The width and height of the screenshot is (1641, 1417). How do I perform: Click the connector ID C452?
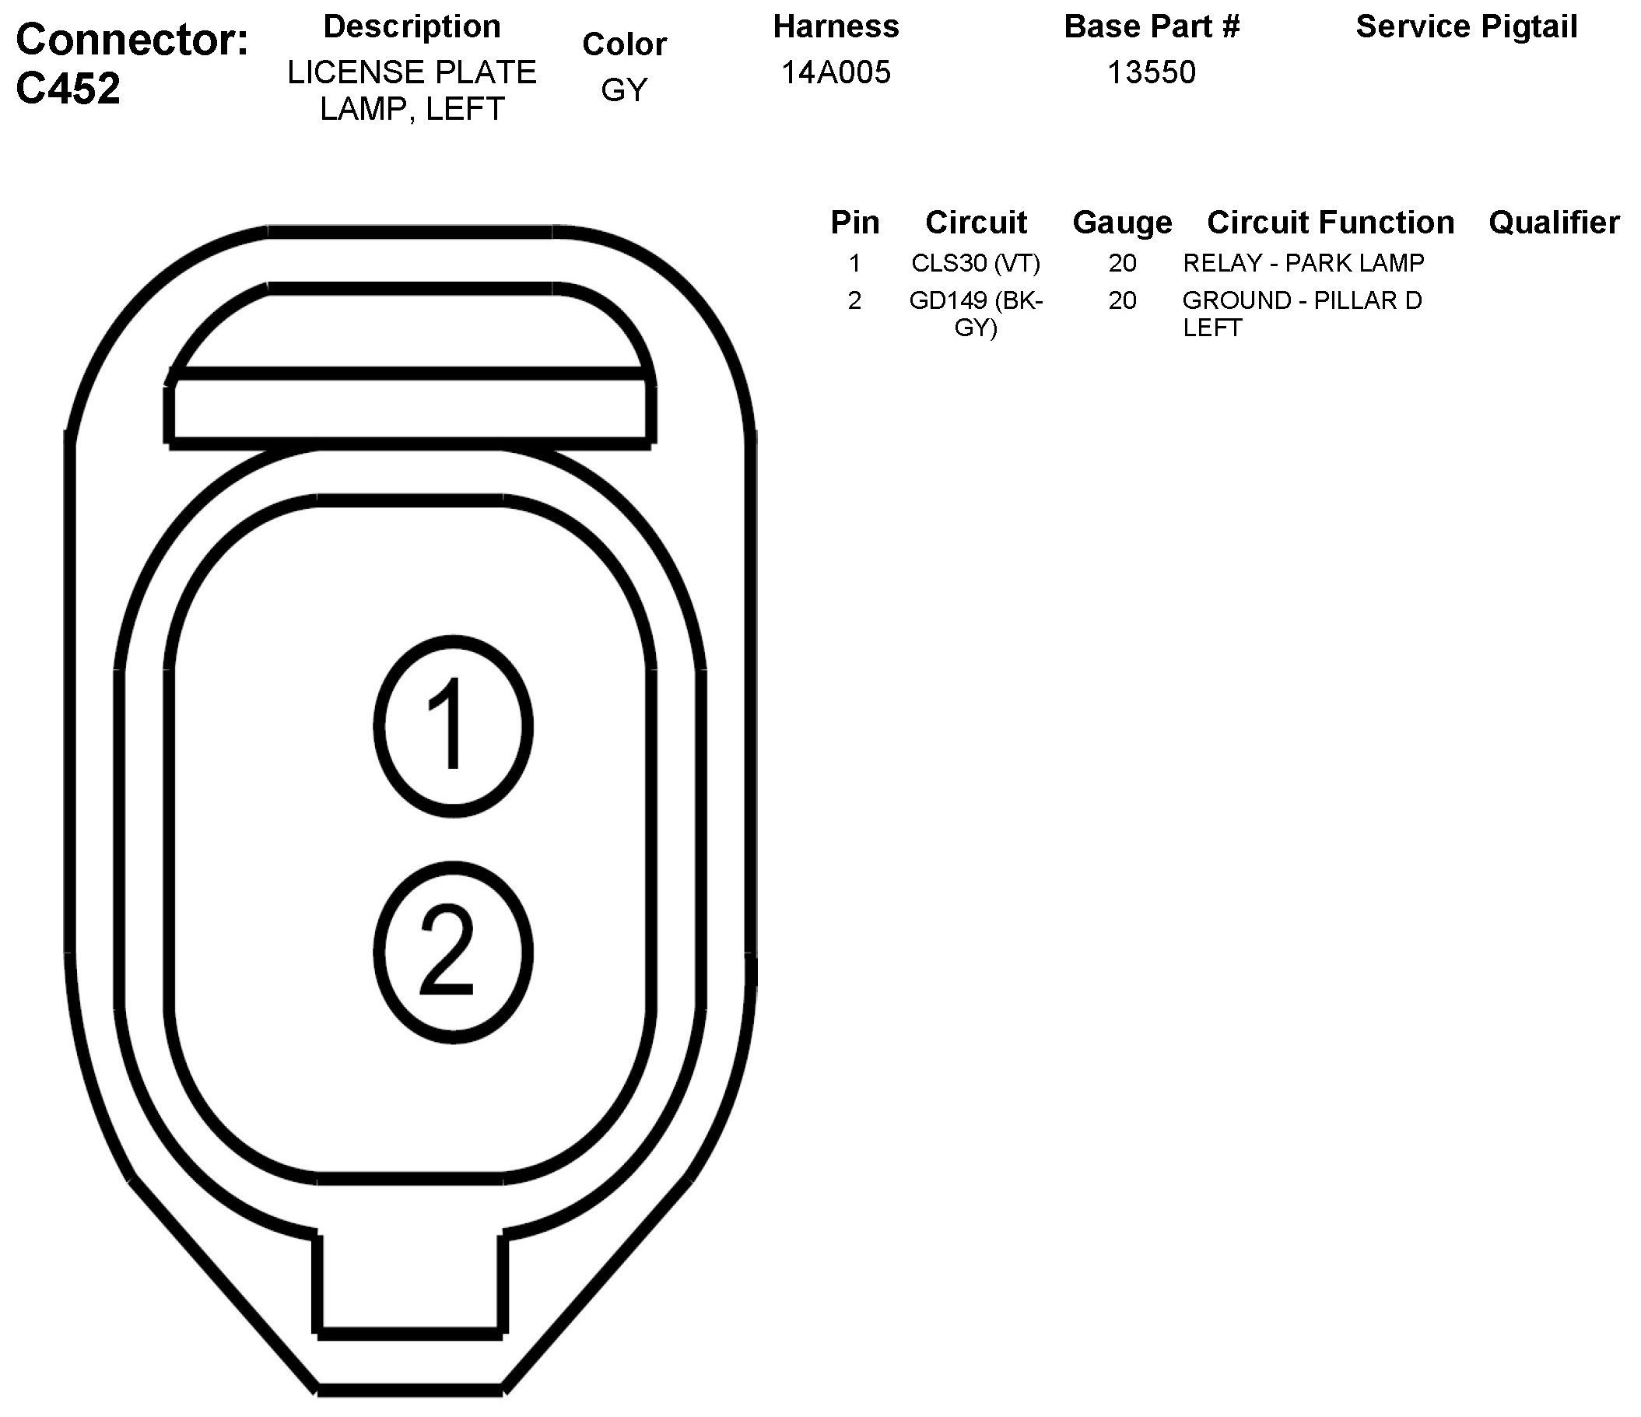point(68,89)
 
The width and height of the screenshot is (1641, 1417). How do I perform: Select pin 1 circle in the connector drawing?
point(453,725)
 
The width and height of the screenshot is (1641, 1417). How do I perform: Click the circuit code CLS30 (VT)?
point(976,263)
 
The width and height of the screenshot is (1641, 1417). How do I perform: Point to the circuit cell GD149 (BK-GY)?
point(976,314)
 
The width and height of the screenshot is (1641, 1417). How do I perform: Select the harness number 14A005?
point(836,73)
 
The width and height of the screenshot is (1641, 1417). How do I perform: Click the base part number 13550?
point(1151,73)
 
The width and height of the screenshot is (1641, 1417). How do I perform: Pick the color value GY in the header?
point(624,90)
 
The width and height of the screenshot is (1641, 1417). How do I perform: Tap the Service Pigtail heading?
point(1467,27)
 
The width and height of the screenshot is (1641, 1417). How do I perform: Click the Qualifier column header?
point(1554,223)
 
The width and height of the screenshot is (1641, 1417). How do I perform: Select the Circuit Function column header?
point(1331,223)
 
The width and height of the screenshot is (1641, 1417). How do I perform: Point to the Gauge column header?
point(1122,223)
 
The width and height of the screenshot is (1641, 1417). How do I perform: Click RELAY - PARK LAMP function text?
point(1303,263)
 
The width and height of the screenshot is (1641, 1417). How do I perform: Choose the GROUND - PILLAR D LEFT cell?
point(1302,314)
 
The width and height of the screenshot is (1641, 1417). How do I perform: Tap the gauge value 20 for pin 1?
point(1122,263)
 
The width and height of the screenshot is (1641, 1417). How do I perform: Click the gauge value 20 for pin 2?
point(1122,301)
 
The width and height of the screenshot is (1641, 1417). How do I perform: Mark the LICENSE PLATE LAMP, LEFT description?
point(412,90)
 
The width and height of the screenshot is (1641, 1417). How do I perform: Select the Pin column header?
point(854,223)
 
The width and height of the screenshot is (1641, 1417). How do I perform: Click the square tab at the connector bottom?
point(410,1287)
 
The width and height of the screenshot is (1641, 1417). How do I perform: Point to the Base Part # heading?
point(1151,27)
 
